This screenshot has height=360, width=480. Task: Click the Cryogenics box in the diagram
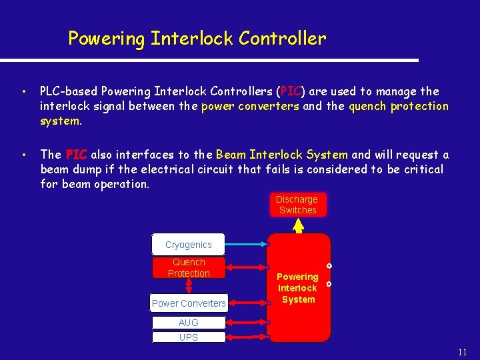coord(189,245)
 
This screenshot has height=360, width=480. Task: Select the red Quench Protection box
coord(189,267)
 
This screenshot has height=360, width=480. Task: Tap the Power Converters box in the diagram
coord(189,303)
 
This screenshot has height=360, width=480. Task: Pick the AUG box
coord(189,323)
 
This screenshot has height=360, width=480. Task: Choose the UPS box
coord(189,337)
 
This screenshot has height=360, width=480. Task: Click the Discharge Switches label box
coord(297,205)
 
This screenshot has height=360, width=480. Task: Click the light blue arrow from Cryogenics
coord(247,245)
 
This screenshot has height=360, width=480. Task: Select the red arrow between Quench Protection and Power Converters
coord(189,286)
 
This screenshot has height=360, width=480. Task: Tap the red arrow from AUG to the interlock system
coord(247,323)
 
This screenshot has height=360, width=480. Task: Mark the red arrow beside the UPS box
coord(247,337)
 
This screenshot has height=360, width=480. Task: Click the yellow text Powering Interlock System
coord(297,288)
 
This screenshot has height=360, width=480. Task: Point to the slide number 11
coord(463,351)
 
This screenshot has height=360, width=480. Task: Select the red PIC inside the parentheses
coord(291,91)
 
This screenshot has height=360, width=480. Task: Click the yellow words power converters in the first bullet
coord(251,106)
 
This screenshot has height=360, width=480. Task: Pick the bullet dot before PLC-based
coord(23,91)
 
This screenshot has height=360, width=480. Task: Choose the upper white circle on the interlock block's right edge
coord(329,266)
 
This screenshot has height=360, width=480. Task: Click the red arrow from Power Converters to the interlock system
coord(247,303)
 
